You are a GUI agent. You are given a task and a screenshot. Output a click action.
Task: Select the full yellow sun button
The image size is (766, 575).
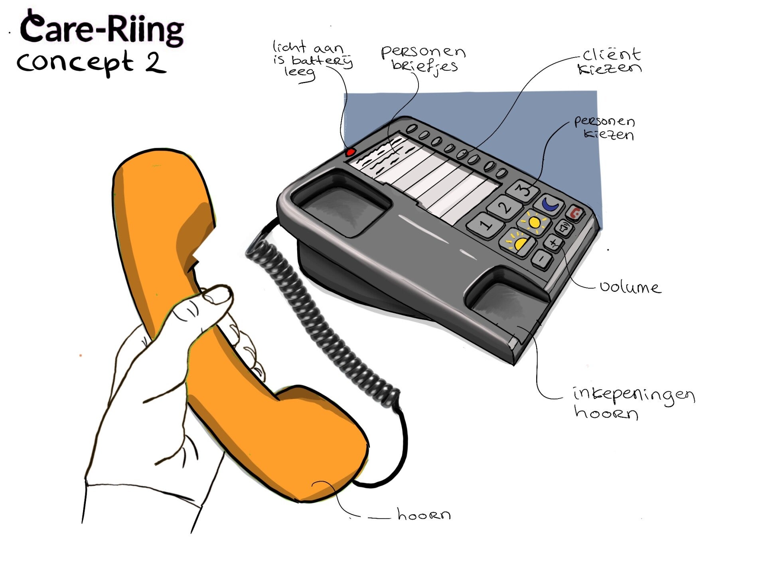[x=534, y=222]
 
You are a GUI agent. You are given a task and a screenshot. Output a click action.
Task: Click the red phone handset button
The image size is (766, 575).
[x=575, y=213]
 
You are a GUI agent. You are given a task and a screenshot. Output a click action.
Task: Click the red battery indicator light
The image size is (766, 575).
[x=351, y=152]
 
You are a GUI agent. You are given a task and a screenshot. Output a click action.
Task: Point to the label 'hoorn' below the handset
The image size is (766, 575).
[x=424, y=515]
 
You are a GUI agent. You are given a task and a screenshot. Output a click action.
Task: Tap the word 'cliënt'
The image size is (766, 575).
[x=611, y=55]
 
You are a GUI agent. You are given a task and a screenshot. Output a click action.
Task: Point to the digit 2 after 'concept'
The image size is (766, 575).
[x=155, y=63]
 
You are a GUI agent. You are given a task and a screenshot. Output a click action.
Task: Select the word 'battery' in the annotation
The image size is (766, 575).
[x=322, y=61]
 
